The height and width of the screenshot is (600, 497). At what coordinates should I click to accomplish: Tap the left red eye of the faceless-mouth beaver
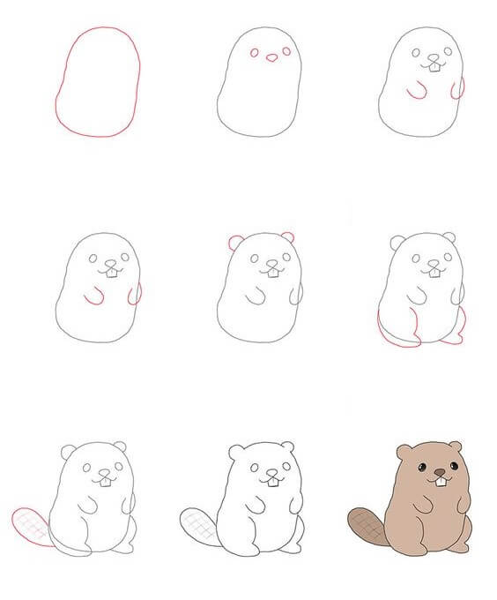pyautogui.click(x=255, y=53)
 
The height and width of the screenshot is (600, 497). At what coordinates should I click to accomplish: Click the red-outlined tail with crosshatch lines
pyautogui.click(x=29, y=529)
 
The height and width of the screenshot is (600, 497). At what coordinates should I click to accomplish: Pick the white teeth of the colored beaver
pyautogui.click(x=438, y=481)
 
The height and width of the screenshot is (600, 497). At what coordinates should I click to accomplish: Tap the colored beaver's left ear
pyautogui.click(x=402, y=452)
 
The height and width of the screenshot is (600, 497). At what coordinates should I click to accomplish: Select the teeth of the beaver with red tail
pyautogui.click(x=106, y=482)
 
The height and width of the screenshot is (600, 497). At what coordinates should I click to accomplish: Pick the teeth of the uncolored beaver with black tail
pyautogui.click(x=273, y=481)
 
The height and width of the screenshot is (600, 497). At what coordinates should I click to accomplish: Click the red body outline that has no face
pyautogui.click(x=98, y=81)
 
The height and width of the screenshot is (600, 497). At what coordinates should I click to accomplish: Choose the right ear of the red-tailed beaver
pyautogui.click(x=120, y=447)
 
